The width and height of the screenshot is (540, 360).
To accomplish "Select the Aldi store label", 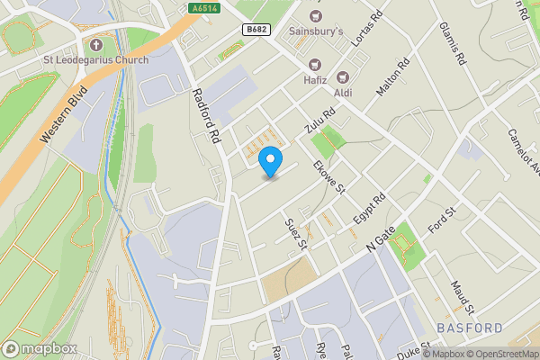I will pos(343,93).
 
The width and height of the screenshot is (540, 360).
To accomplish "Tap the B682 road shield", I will pos(256,30).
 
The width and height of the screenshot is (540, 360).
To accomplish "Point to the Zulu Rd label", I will pos(319,121).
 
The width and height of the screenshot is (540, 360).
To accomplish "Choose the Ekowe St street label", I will pos(328,176).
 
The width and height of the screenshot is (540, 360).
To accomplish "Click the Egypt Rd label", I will pos(369,208).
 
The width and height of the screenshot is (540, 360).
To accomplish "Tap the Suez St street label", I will pos(296,232).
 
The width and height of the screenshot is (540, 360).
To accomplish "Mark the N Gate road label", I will pos(380,239).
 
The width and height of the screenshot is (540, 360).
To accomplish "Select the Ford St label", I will pos(443,221).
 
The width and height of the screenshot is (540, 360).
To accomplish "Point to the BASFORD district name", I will pos(469,328).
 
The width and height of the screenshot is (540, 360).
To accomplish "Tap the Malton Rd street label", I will pos(392,78).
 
